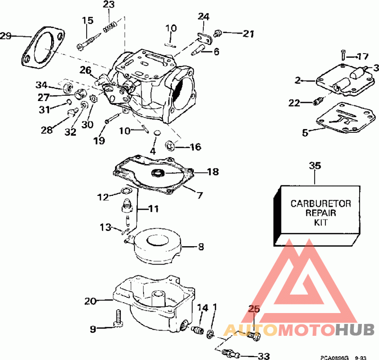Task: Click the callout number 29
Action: [x=6, y=36]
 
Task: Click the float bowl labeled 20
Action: [x=153, y=304]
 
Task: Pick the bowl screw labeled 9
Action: [x=118, y=318]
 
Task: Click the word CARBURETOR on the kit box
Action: [x=321, y=203]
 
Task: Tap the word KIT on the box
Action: [x=321, y=222]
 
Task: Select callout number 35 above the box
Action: [x=315, y=166]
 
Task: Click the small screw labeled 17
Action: [x=343, y=55]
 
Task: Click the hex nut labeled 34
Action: [x=67, y=87]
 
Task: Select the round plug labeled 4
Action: [x=157, y=133]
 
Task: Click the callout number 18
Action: [x=213, y=172]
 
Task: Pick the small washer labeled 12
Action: [x=125, y=191]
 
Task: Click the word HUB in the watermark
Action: [x=355, y=329]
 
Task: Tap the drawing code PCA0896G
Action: [x=334, y=358]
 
